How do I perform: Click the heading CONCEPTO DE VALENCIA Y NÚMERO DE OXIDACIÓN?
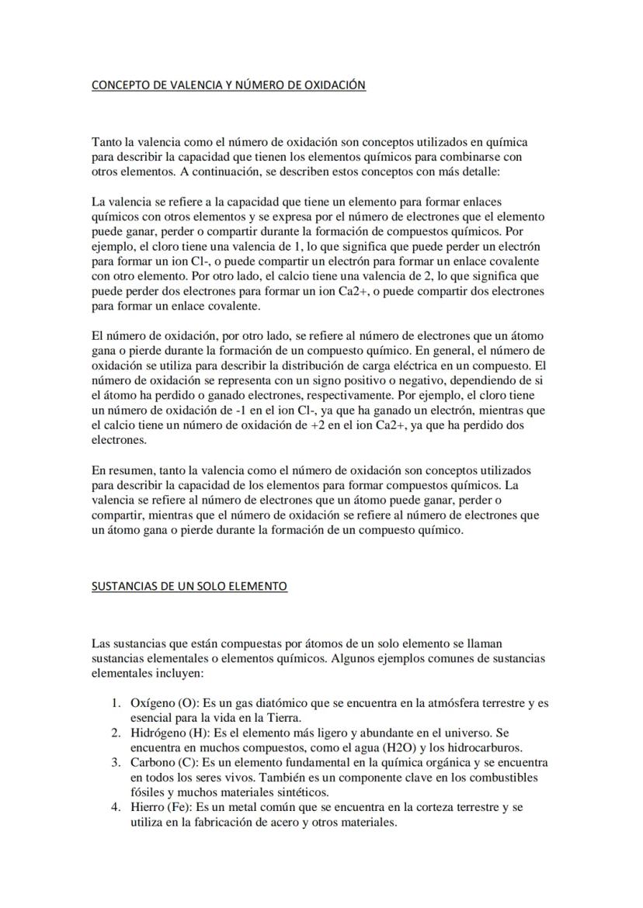click(x=228, y=85)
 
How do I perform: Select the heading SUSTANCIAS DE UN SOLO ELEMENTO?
click(x=189, y=586)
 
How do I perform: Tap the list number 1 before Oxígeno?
click(x=113, y=703)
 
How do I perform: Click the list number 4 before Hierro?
click(x=113, y=807)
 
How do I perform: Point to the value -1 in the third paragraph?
click(x=249, y=411)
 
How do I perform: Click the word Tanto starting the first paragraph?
click(x=107, y=143)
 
